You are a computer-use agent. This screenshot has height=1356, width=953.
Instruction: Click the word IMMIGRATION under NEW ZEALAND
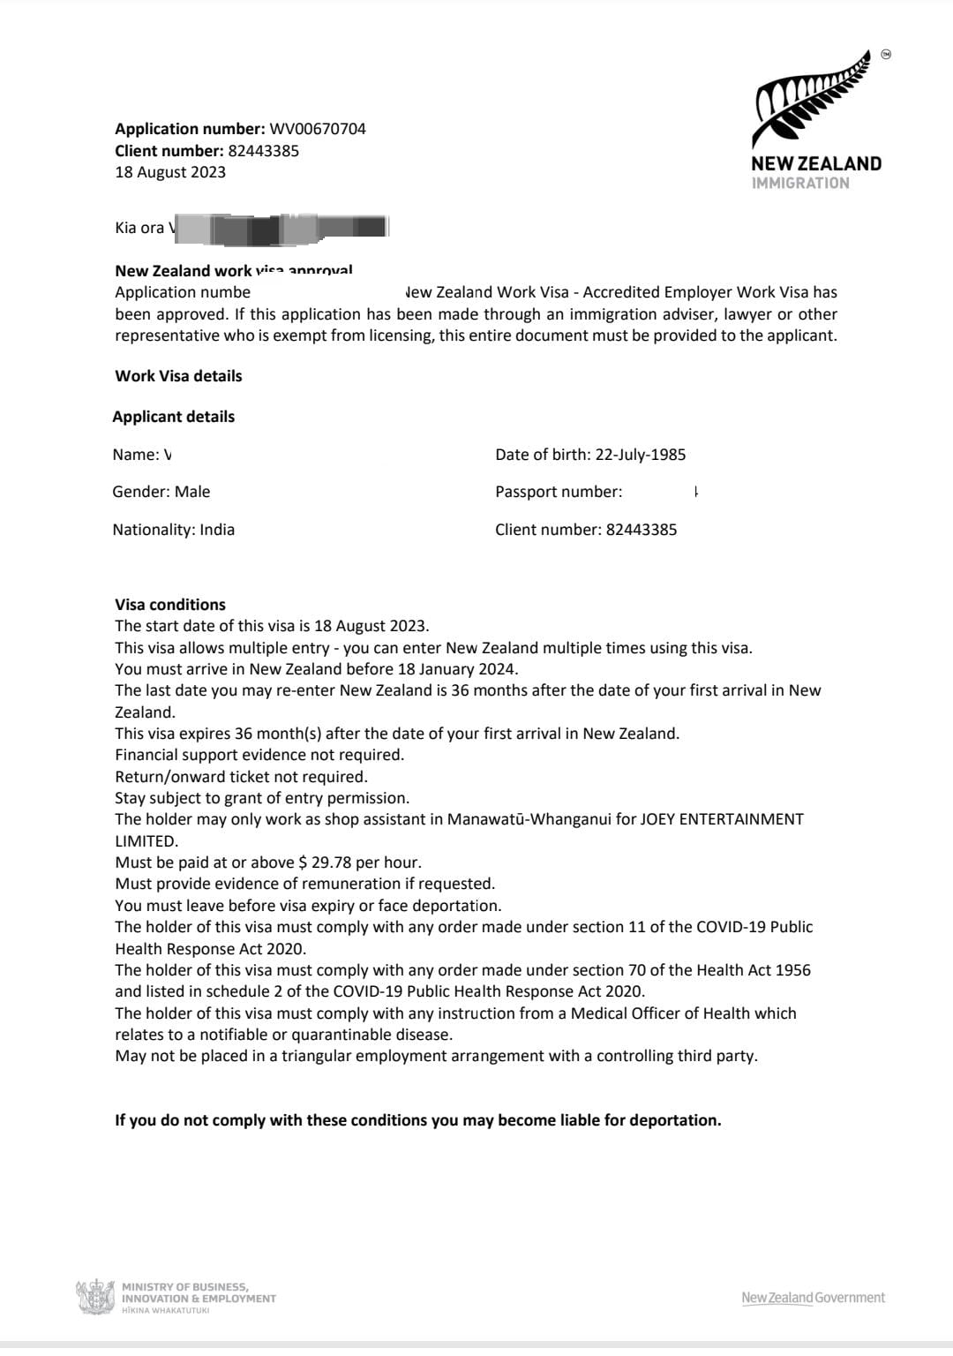pos(800,184)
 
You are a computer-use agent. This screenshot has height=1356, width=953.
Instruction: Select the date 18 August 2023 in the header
pos(170,172)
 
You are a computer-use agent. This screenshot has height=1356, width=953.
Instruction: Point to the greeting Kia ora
pos(139,228)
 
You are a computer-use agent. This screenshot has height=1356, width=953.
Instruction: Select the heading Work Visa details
pos(178,376)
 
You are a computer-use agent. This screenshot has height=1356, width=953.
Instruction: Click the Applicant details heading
pos(174,417)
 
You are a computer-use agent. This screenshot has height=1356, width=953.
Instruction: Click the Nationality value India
pos(217,530)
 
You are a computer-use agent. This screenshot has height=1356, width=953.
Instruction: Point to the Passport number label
pos(559,492)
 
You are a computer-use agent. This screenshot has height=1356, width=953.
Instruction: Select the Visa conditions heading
pos(170,605)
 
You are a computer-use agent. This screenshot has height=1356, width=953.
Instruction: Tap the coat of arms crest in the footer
pos(95,1298)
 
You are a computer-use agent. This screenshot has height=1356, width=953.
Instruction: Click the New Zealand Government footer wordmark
pos(813,1298)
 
